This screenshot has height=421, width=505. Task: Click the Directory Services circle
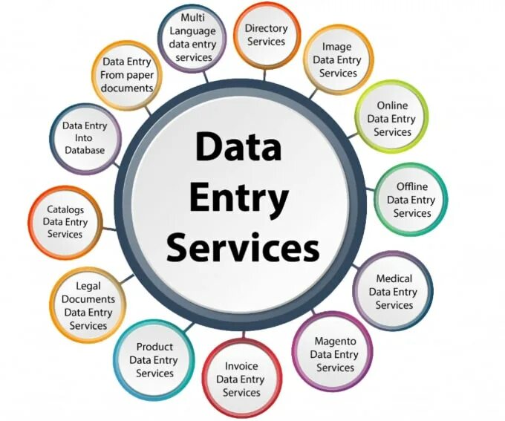[266, 35]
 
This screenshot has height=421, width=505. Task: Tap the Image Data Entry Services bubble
[338, 60]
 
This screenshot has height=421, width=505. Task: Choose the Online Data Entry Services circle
[391, 119]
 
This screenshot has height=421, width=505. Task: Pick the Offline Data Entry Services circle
[411, 200]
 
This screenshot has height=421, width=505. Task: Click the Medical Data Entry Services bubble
[394, 292]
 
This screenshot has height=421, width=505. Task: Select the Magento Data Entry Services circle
[335, 354]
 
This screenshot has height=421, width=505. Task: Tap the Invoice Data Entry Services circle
[241, 379]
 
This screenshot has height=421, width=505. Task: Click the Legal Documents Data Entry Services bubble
[88, 305]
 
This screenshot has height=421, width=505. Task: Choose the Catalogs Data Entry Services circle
[65, 221]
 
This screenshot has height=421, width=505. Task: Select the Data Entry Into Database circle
[84, 138]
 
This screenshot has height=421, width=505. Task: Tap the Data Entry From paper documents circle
[128, 74]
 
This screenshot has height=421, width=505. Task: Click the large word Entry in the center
[238, 198]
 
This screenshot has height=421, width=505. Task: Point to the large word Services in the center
[242, 249]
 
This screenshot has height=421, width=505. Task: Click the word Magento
[335, 341]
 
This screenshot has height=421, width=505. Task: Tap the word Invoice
[241, 365]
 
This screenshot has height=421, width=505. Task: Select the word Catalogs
[65, 209]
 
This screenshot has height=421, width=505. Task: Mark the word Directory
[266, 28]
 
